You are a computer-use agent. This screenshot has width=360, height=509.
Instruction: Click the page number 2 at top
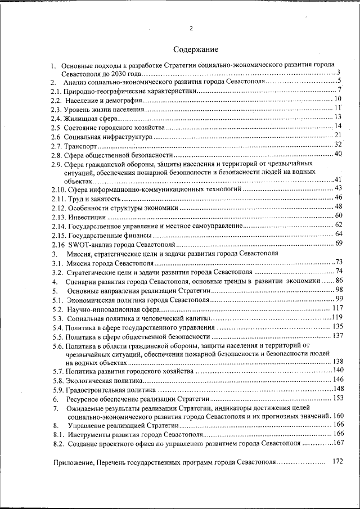[x=191, y=29]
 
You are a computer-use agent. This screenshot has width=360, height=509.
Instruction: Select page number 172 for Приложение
[x=337, y=461]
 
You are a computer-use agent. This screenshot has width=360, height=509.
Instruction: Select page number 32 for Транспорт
[x=338, y=145]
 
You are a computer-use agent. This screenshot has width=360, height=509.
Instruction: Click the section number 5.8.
[x=58, y=380]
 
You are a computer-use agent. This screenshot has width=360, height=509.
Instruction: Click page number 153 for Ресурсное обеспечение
[x=337, y=398]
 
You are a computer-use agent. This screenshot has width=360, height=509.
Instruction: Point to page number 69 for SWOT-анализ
[x=339, y=243]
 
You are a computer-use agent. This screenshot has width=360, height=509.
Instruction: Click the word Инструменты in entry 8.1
[x=91, y=435]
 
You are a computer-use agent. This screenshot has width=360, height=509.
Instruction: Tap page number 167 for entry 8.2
[x=337, y=443]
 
